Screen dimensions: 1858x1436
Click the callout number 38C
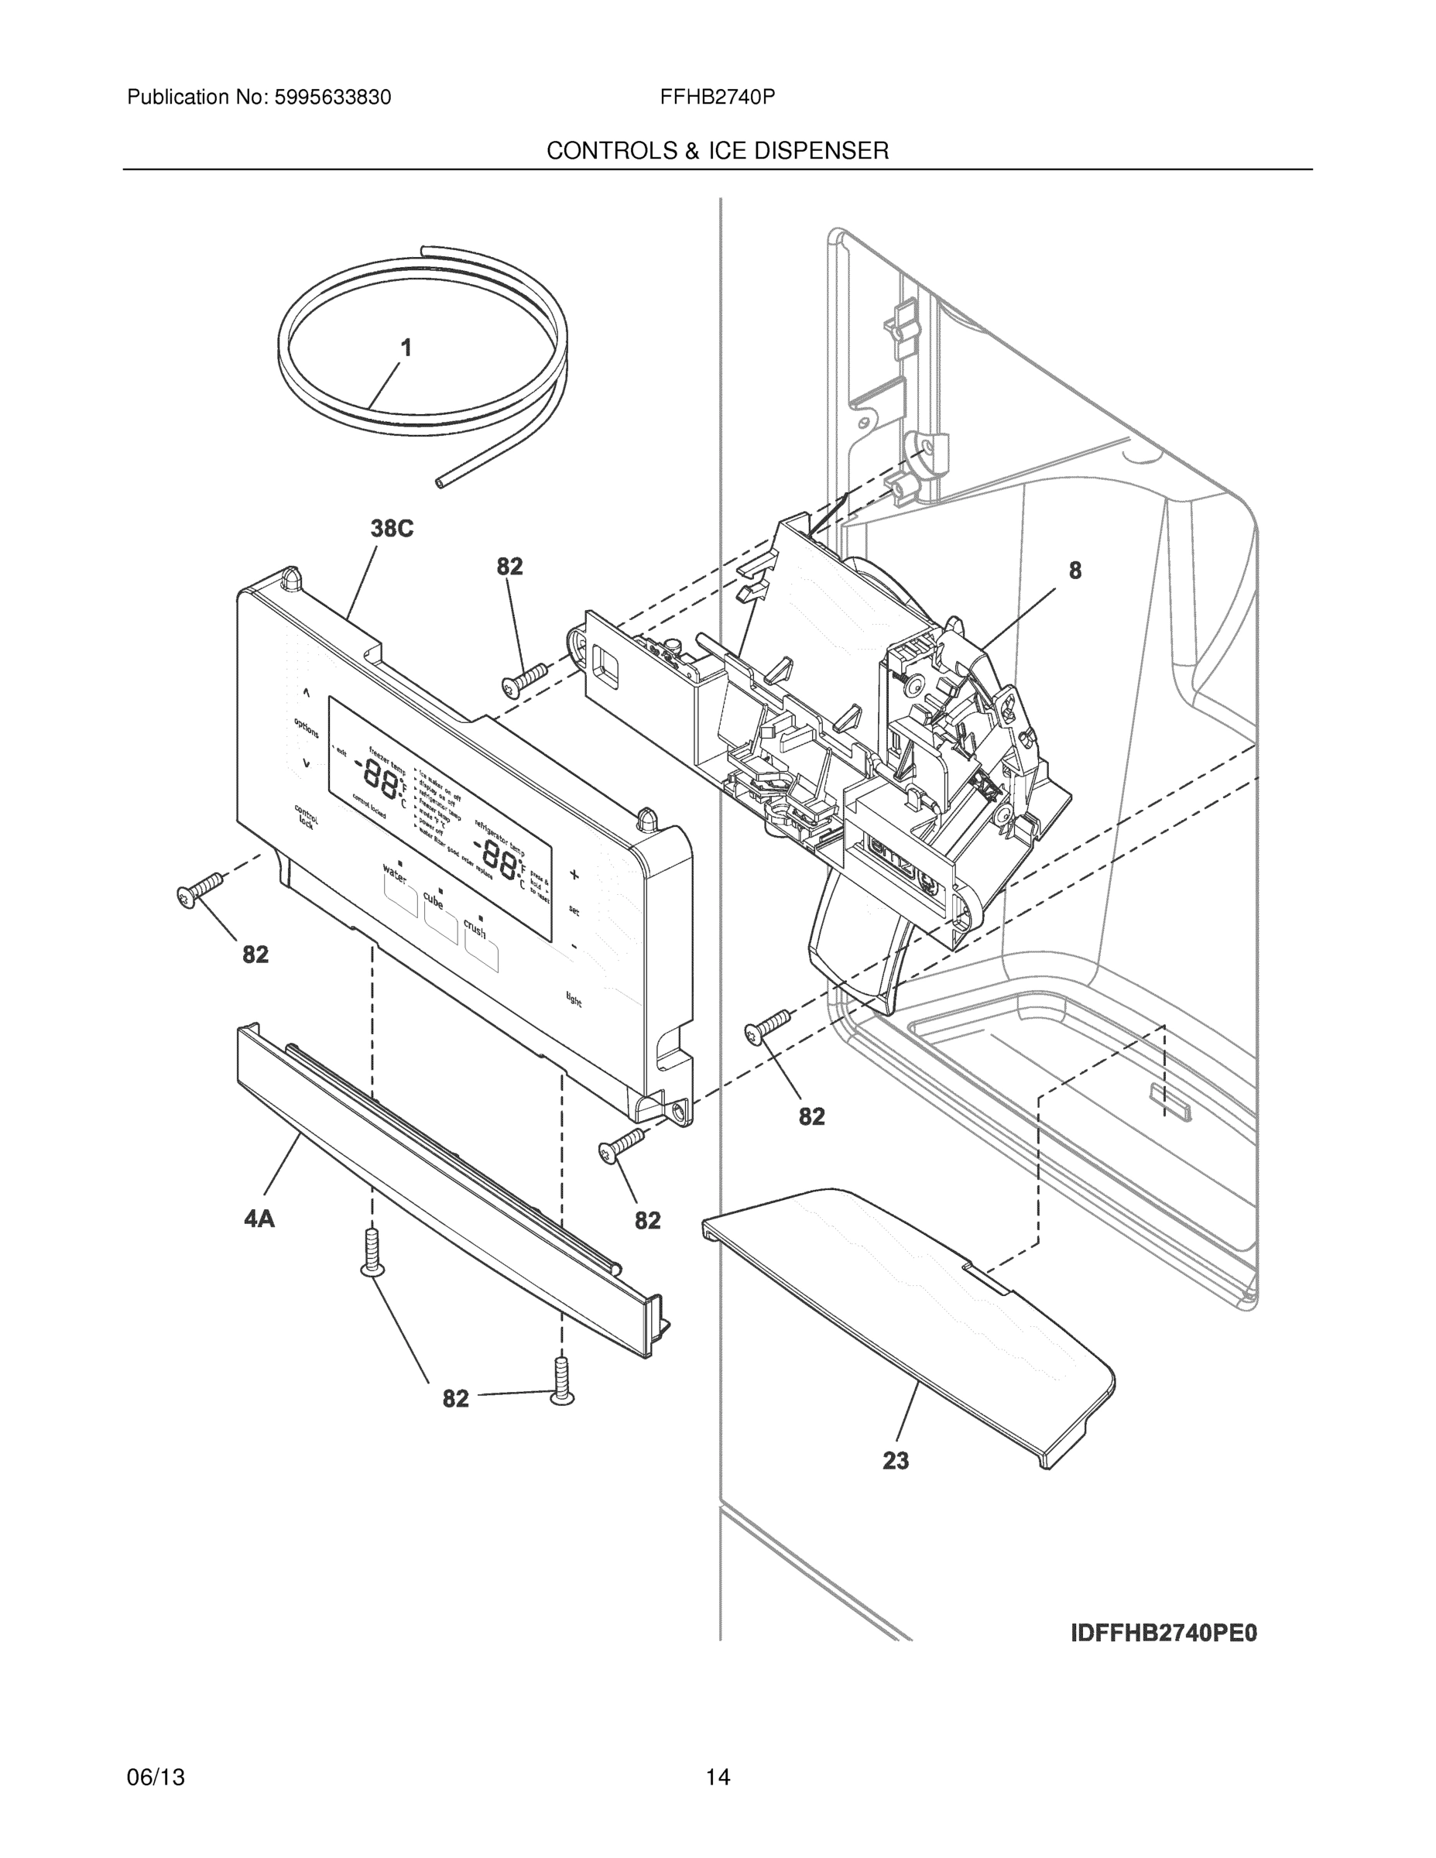392,530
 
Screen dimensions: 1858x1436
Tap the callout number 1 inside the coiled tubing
406,348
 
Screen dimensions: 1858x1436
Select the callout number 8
1074,571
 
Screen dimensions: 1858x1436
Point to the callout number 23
895,1461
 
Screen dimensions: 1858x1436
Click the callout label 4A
259,1219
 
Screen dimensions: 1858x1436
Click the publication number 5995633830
332,98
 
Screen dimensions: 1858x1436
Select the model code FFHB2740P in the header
716,98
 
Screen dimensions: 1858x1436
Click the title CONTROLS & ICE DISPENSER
717,151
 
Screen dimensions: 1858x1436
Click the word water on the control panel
395,872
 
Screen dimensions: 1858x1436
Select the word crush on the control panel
475,928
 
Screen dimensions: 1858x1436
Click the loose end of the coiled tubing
440,482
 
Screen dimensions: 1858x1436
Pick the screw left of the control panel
198,890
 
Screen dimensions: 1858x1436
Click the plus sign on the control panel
574,875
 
